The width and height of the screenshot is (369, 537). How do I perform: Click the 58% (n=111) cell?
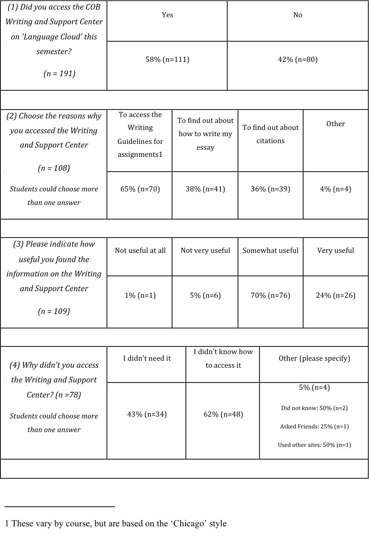[167, 60]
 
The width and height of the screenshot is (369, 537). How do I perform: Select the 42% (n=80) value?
[298, 60]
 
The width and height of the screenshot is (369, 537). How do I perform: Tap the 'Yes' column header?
[167, 15]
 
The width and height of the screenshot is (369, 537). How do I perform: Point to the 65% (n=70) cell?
[140, 189]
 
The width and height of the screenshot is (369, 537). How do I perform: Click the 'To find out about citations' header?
[270, 134]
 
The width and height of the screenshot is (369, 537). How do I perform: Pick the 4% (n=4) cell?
[336, 189]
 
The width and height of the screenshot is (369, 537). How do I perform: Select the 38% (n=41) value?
[205, 189]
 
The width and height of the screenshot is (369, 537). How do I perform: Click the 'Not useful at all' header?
[140, 251]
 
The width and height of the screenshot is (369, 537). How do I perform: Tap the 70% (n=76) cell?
[270, 296]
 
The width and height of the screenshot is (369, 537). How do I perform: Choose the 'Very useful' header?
[336, 251]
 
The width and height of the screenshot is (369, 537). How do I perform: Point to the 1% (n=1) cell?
[140, 296]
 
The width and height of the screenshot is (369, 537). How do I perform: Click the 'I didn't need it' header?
[147, 358]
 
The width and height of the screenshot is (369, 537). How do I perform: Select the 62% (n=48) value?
[223, 414]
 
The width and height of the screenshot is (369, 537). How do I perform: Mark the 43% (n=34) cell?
[147, 414]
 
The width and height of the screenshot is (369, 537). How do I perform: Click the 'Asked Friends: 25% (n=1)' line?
[314, 427]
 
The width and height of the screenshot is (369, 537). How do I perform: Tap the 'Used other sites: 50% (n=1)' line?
[314, 445]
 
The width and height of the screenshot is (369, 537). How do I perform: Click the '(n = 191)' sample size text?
[59, 74]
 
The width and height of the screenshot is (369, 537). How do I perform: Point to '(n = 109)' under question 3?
[54, 311]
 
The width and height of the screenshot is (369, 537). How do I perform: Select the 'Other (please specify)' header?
[314, 358]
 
